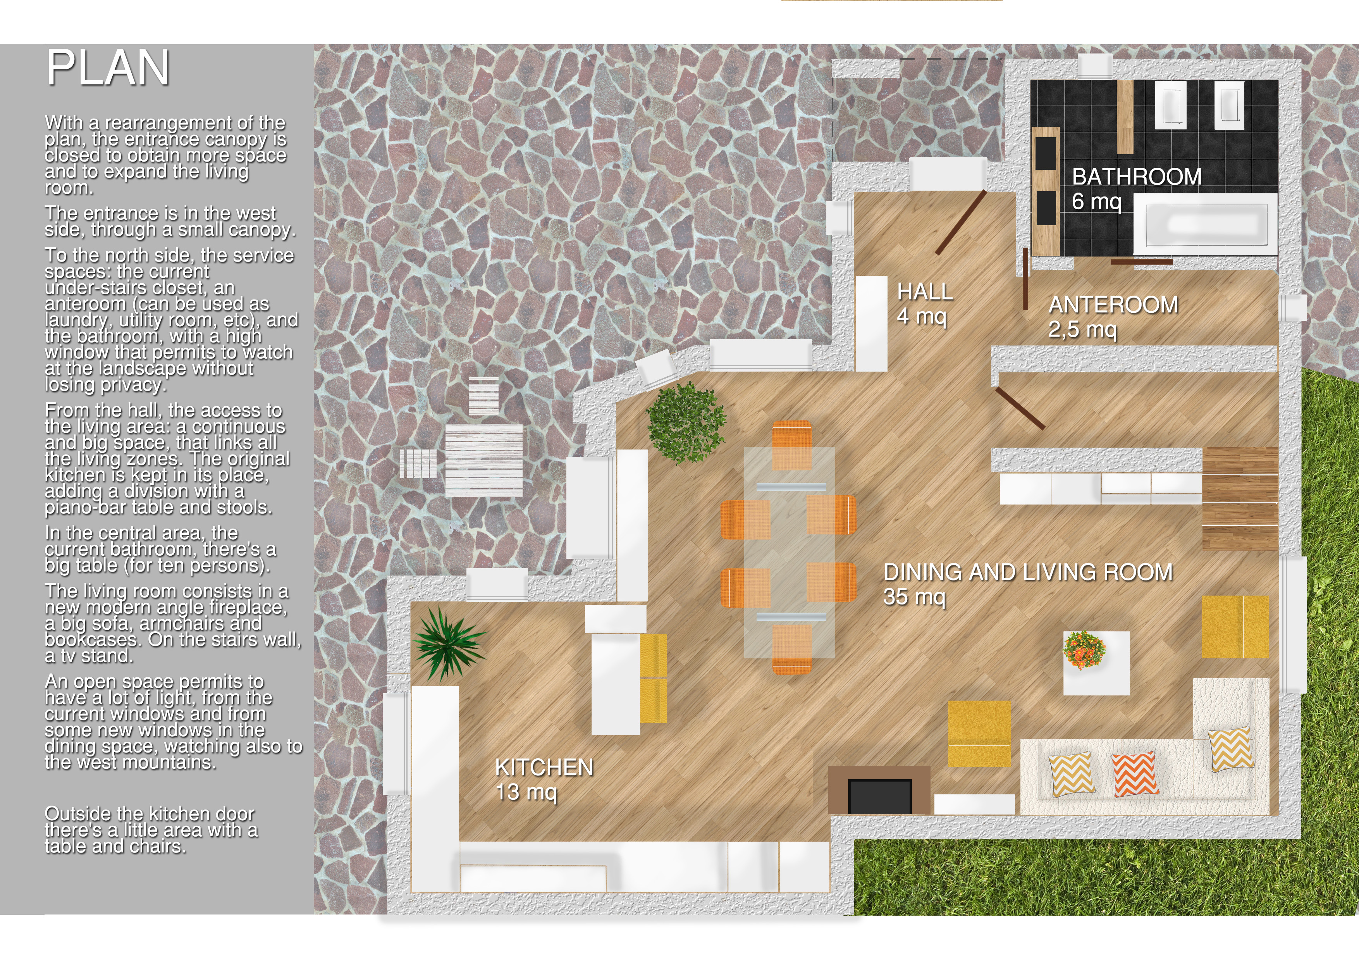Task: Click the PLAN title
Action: (x=108, y=67)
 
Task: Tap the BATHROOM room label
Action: (x=1137, y=176)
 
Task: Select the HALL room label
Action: (x=925, y=292)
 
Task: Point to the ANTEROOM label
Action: (x=1113, y=305)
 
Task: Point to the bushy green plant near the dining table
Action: (x=686, y=422)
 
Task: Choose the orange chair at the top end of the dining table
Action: (x=792, y=445)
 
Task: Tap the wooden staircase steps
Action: (x=1239, y=499)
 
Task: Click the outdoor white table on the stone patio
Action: (x=483, y=460)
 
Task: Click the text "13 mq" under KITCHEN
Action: (x=526, y=792)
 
